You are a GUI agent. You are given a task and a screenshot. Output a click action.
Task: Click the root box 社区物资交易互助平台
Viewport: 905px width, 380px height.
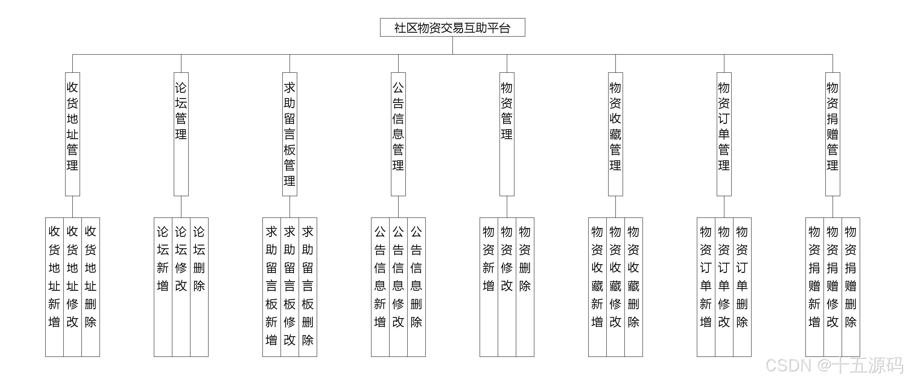tap(452, 28)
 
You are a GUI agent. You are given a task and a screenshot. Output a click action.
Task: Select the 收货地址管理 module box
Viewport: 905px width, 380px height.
tap(72, 134)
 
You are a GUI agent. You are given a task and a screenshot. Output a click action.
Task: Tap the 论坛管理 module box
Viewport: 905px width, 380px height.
tap(181, 134)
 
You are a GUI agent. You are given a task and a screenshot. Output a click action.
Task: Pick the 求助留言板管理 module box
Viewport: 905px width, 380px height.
tap(290, 134)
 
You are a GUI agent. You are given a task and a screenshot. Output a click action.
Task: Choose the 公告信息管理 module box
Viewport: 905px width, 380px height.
tap(398, 134)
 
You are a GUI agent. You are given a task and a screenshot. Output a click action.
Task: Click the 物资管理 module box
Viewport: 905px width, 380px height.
tap(507, 134)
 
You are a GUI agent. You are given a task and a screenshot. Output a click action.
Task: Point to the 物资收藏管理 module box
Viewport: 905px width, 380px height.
tap(615, 134)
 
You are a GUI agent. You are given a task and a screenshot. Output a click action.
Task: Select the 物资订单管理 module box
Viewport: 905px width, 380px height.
tap(724, 134)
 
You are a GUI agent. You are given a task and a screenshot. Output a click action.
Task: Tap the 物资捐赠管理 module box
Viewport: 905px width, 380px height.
tap(833, 134)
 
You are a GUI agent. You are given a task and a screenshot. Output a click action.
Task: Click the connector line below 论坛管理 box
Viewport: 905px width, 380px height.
tap(181, 207)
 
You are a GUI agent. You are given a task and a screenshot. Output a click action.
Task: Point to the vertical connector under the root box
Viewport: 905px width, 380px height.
tap(452, 45)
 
